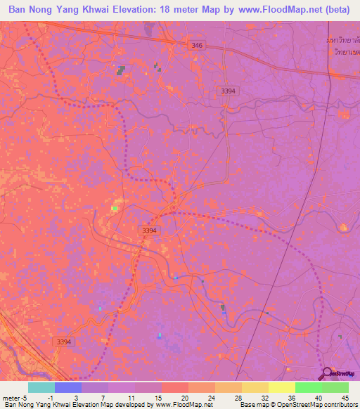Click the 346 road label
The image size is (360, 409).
coord(197,46)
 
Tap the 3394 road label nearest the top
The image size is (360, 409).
coord(229,91)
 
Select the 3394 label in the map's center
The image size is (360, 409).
coord(148,230)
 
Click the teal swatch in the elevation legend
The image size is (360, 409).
coord(41,387)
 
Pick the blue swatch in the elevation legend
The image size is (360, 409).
coord(68,387)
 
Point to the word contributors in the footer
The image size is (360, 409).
coord(338,405)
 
